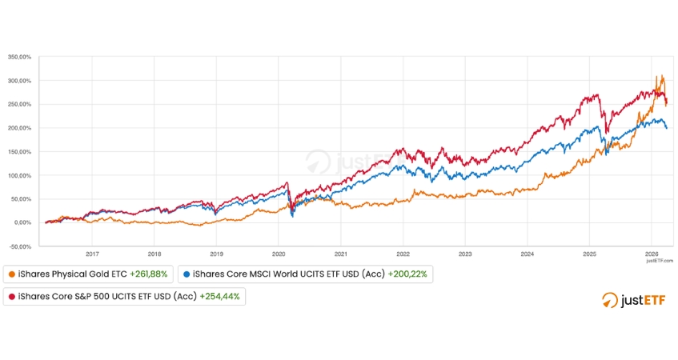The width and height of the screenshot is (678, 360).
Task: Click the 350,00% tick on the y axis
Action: pyautogui.click(x=20, y=58)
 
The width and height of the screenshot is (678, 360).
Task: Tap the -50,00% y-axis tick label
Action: pyautogui.click(x=20, y=246)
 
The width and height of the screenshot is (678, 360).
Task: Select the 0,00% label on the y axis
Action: pyautogui.click(x=22, y=222)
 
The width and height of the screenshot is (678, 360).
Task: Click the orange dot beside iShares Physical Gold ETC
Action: pyautogui.click(x=10, y=274)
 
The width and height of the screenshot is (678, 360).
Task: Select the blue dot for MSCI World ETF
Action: pyautogui.click(x=187, y=274)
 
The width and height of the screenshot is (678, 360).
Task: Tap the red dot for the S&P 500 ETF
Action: pyautogui.click(x=10, y=297)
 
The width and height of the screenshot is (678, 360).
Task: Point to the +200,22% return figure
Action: pyautogui.click(x=407, y=274)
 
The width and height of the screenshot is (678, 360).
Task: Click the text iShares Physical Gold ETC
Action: pyautogui.click(x=71, y=274)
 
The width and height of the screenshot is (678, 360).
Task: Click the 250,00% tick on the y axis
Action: pyautogui.click(x=20, y=105)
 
